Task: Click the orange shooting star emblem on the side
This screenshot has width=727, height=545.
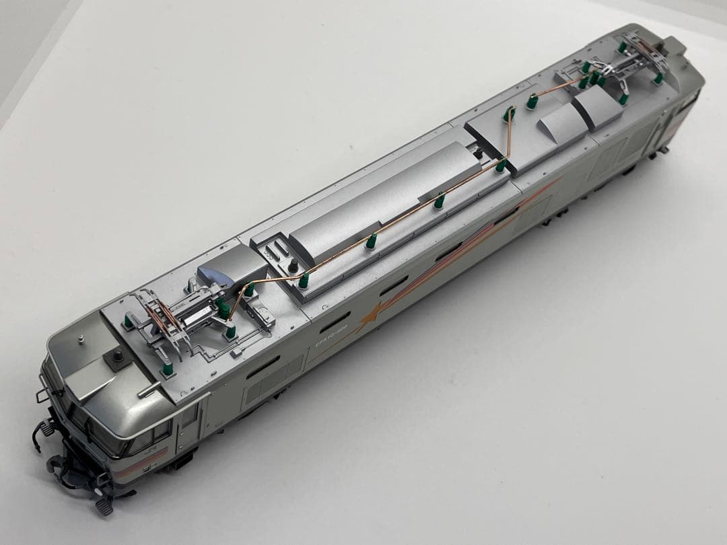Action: (x=368, y=318)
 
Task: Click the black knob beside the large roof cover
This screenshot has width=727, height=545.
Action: (x=293, y=268)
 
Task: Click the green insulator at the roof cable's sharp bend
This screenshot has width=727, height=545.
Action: (x=501, y=165)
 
